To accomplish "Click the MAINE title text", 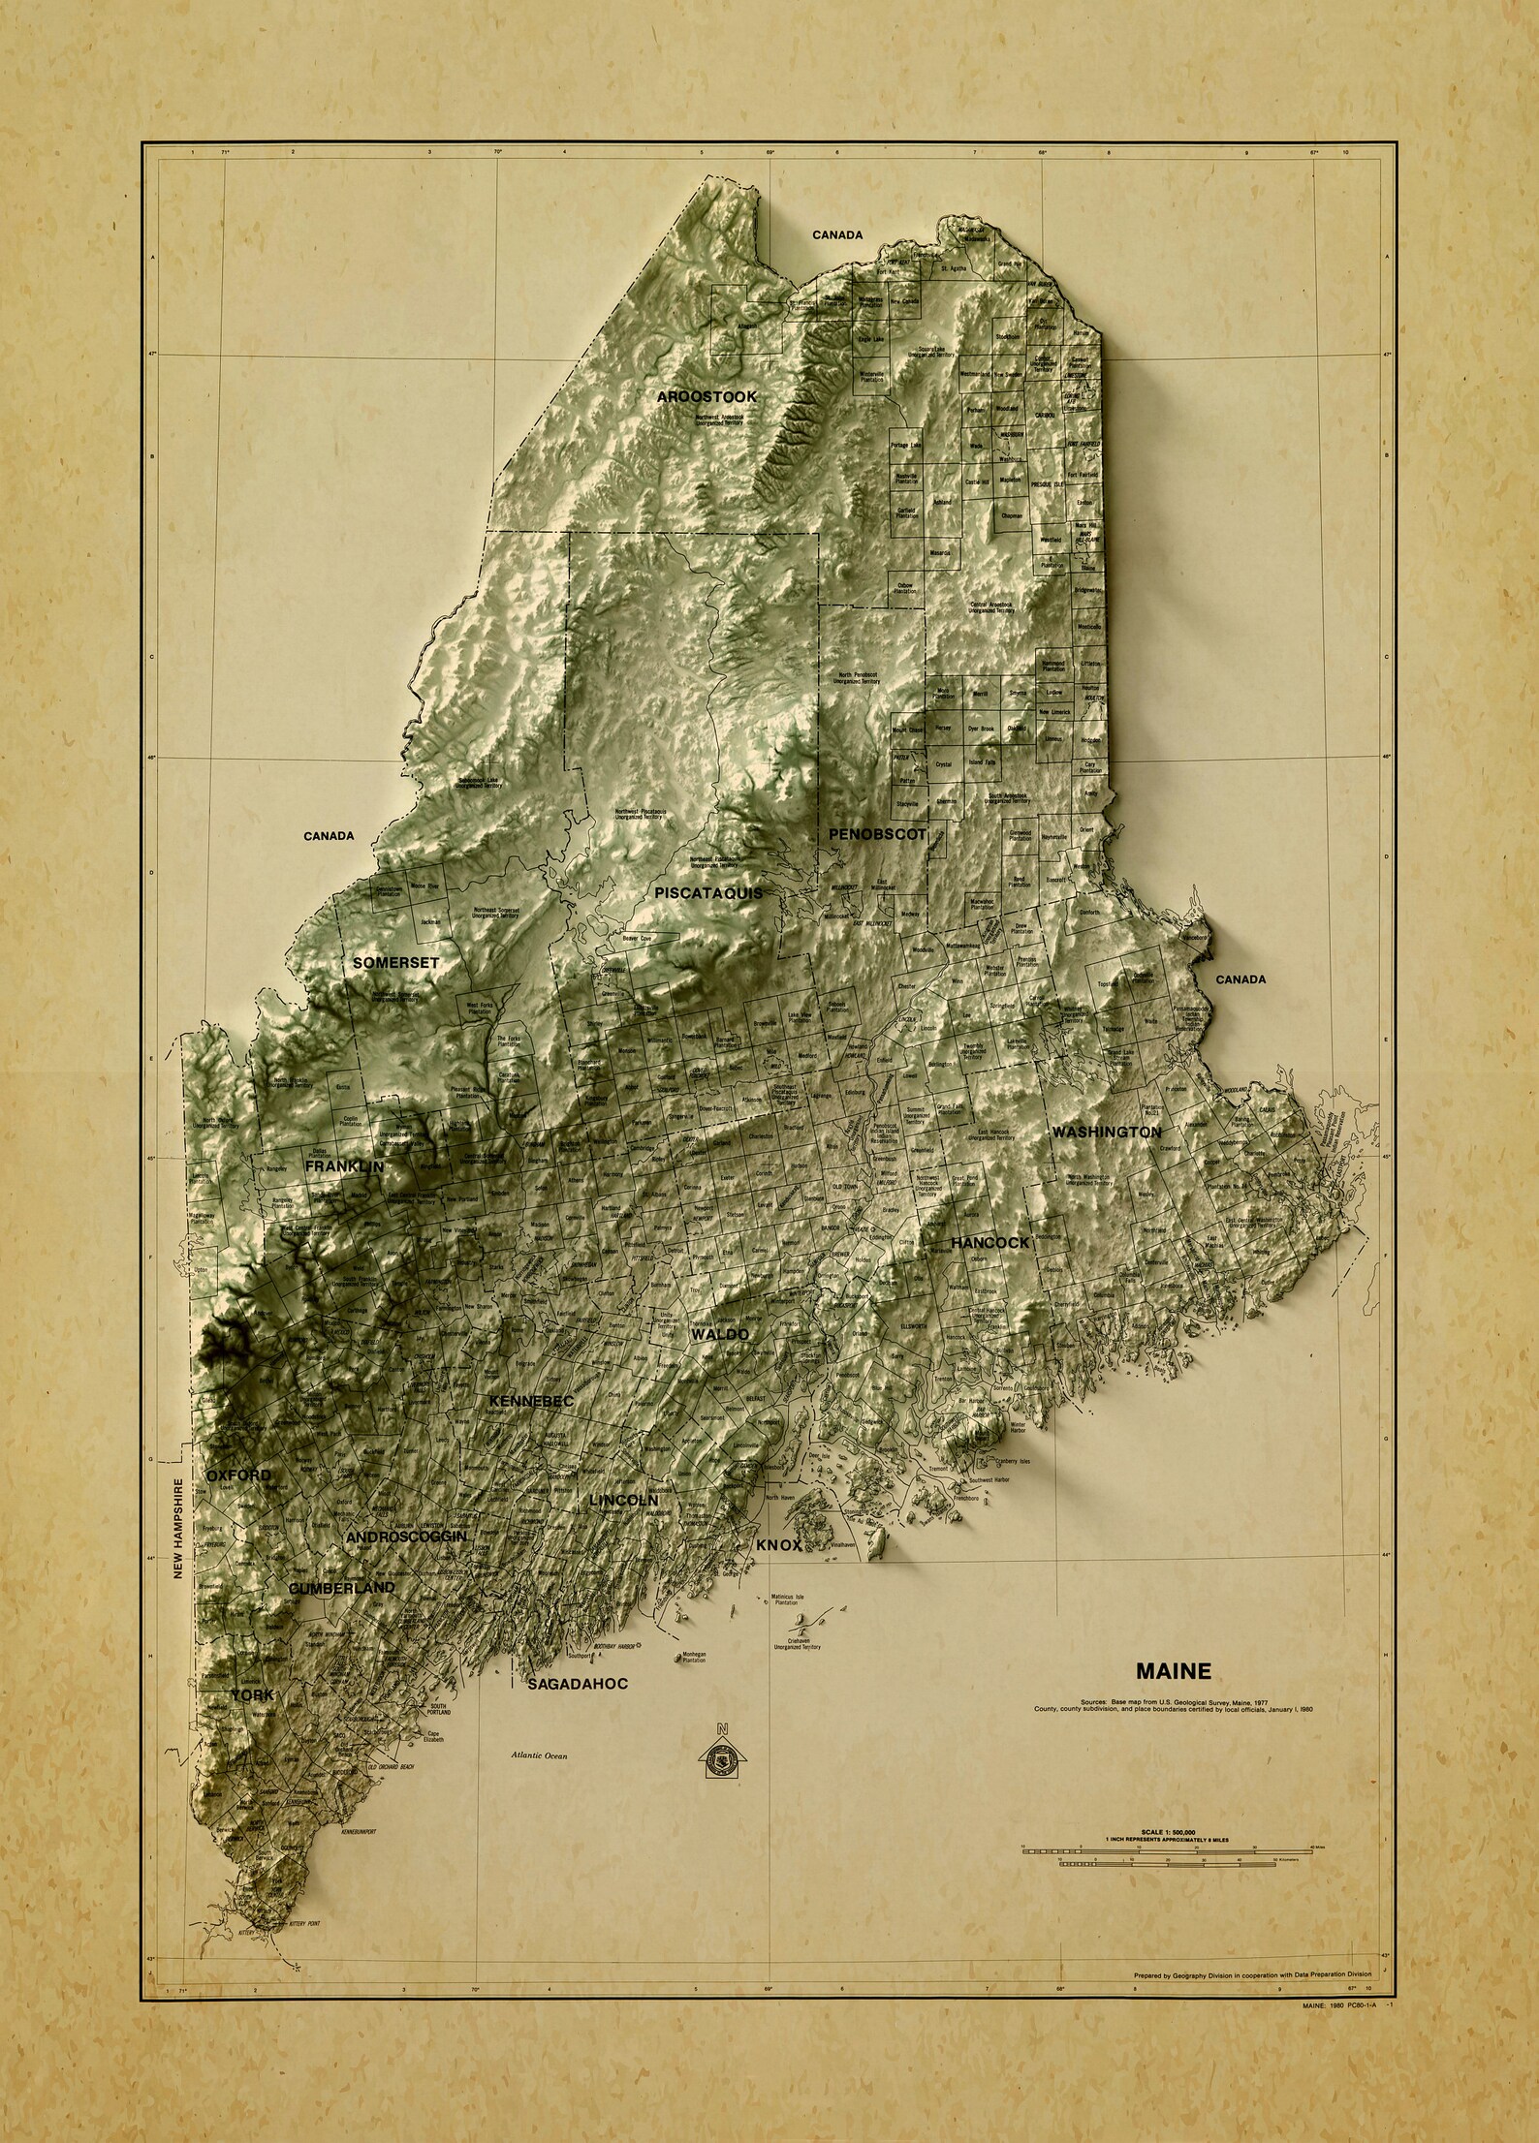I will [1173, 1671].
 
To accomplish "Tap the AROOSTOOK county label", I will [707, 397].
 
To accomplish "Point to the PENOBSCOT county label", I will [877, 833].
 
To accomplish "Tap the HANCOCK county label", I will [989, 1242].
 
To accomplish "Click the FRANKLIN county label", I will [344, 1168].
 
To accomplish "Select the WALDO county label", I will [719, 1335].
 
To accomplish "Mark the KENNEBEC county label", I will [532, 1402].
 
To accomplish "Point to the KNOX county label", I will [779, 1573].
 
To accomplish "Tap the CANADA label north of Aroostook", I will [837, 234].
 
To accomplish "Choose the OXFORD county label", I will [238, 1475].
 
